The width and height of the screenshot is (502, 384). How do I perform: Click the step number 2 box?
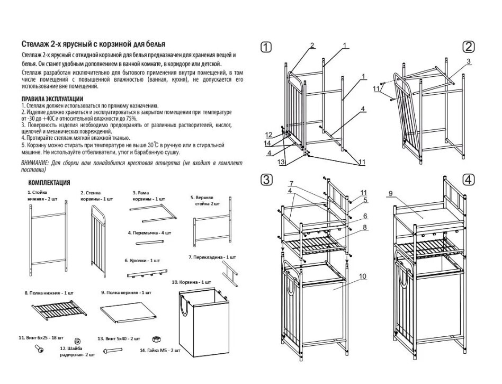pyautogui.click(x=468, y=47)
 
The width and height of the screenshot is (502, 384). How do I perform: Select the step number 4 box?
pyautogui.click(x=468, y=179)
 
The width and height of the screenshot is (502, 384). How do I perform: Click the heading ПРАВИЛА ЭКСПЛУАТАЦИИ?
pyautogui.click(x=52, y=99)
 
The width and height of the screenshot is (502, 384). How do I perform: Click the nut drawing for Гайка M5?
pyautogui.click(x=157, y=338)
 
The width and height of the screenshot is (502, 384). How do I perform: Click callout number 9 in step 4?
pyautogui.click(x=389, y=193)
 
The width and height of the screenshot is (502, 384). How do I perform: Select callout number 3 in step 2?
pyautogui.click(x=469, y=61)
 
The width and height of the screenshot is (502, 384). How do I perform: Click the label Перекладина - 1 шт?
pyautogui.click(x=212, y=257)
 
